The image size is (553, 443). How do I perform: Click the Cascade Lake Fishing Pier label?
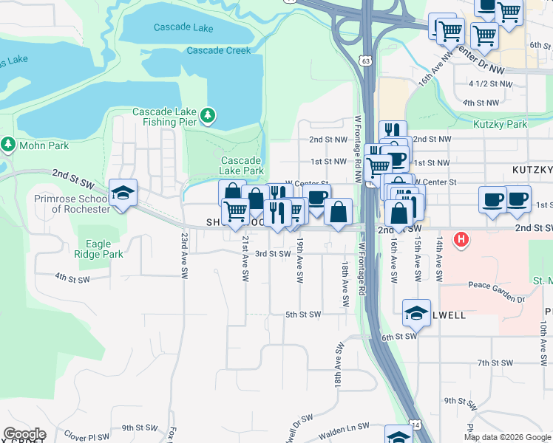click(164, 117)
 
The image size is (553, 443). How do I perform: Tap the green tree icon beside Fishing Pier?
click(208, 115)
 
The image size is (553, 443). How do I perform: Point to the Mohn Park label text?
click(44, 145)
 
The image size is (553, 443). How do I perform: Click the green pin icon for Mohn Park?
click(9, 143)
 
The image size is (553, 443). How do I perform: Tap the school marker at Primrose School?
click(123, 193)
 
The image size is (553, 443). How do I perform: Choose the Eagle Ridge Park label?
click(104, 248)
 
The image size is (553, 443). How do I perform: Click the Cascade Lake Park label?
click(241, 165)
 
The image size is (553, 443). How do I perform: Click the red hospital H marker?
click(462, 239)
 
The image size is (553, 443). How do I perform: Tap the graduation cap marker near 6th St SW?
click(416, 314)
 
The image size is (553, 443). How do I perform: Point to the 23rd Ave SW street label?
click(183, 255)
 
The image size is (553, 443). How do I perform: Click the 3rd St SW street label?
click(273, 253)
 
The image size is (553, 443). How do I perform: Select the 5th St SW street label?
click(303, 315)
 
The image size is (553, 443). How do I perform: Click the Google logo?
click(24, 434)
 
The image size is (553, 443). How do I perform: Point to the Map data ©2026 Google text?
click(507, 437)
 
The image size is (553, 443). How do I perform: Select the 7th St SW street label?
click(495, 363)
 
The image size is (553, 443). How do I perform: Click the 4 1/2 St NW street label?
click(490, 84)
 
